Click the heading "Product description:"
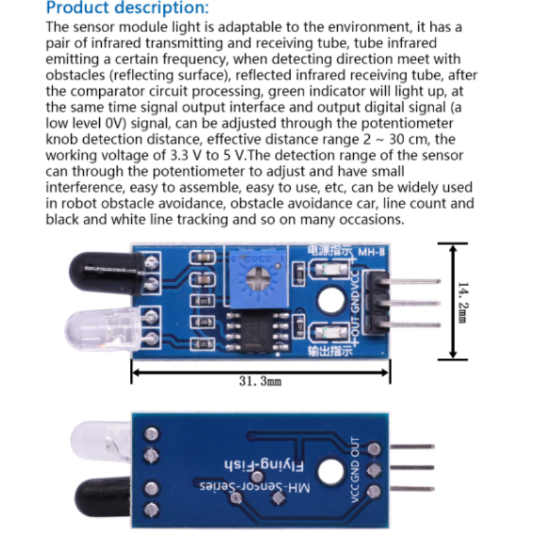click(x=127, y=9)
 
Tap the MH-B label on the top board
click(x=371, y=253)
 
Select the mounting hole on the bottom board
click(x=328, y=472)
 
